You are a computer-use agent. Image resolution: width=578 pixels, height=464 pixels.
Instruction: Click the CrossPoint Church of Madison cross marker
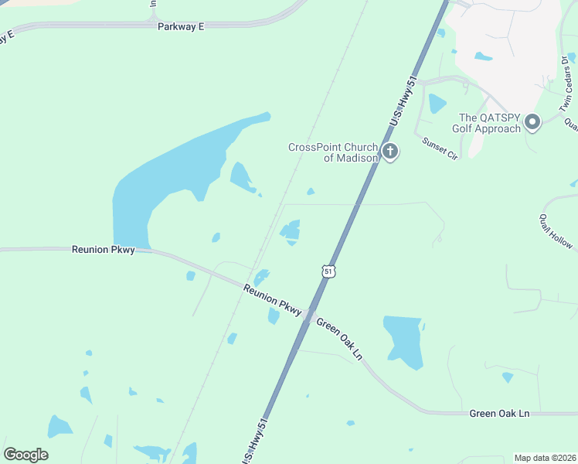[x=390, y=151]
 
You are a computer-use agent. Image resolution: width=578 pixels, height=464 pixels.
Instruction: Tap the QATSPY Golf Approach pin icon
[x=532, y=122]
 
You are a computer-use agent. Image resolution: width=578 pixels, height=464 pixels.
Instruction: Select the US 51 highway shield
[x=329, y=271]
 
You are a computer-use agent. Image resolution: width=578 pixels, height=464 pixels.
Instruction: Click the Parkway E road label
[x=181, y=26]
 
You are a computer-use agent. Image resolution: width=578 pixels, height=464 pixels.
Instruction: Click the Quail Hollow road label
[x=556, y=230]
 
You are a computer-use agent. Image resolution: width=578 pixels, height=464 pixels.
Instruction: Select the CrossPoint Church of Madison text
[x=332, y=152]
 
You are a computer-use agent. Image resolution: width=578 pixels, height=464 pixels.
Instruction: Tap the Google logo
[x=25, y=455]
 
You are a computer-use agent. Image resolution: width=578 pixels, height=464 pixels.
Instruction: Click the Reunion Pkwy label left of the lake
[x=103, y=250]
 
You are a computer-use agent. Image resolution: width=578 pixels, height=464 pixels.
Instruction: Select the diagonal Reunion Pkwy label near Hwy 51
[x=272, y=300]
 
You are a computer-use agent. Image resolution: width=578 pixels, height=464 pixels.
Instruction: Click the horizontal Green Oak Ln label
[x=499, y=414]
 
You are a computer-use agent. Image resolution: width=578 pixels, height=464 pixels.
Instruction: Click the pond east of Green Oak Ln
[x=403, y=340]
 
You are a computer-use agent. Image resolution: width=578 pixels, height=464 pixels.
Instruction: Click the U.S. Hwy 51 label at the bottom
[x=256, y=441]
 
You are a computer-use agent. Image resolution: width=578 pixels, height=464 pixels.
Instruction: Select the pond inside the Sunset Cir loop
[x=437, y=104]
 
